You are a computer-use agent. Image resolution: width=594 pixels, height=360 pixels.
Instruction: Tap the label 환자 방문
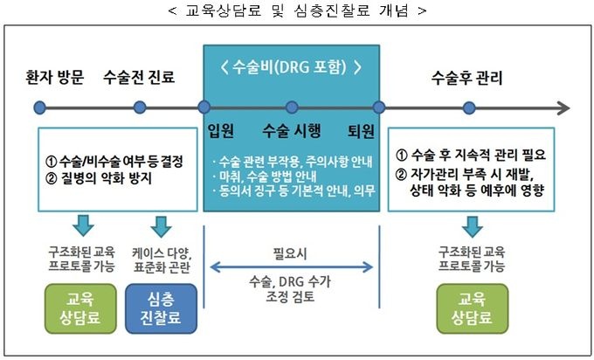(55, 77)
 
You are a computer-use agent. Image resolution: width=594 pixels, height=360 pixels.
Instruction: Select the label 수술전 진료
(139, 77)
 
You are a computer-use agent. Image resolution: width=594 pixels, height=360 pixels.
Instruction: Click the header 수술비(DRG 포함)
(291, 67)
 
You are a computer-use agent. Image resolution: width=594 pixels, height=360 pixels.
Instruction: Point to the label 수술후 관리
(467, 77)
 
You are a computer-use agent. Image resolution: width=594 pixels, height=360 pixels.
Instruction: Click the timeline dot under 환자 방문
(39, 107)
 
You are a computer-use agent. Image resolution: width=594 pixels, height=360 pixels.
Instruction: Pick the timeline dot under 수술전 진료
(140, 107)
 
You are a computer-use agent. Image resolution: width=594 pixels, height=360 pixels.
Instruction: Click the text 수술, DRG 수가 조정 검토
(291, 289)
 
